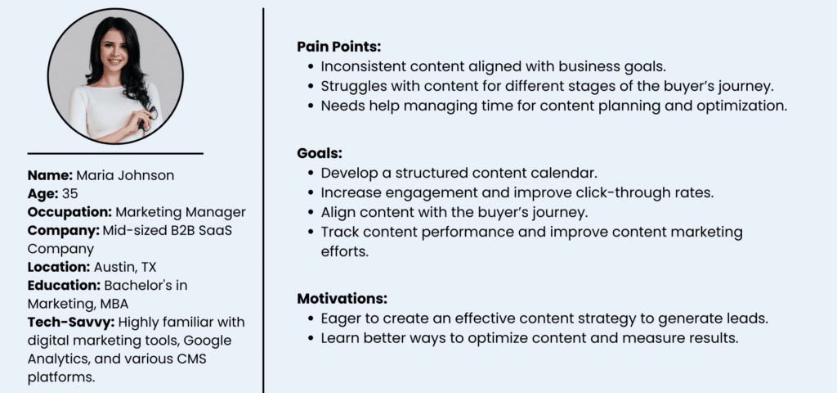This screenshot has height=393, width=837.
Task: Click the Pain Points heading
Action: point(339,47)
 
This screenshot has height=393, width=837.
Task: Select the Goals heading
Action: point(320,153)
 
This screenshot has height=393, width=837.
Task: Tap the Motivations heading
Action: point(342,298)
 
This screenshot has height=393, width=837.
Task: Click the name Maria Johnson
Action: point(125,175)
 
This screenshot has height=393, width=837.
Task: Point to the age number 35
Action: point(70,193)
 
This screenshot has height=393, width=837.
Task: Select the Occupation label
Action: point(70,212)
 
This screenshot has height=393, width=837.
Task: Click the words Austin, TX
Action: point(125,268)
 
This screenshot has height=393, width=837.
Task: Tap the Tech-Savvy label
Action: point(71,323)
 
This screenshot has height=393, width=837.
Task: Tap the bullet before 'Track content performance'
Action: point(311,233)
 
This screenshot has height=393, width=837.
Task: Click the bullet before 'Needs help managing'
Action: point(311,106)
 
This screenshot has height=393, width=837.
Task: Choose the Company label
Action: point(64,231)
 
